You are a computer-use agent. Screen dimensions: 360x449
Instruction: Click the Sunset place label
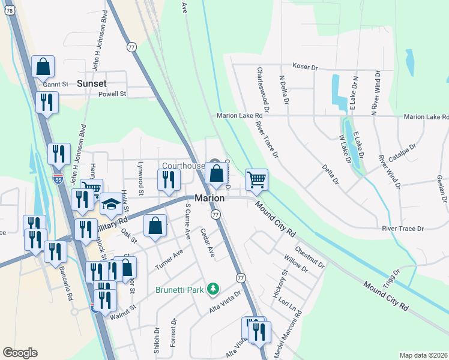coord(91,84)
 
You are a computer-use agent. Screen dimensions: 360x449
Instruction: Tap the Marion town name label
coord(209,199)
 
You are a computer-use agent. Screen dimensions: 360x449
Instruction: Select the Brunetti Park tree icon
coord(212,290)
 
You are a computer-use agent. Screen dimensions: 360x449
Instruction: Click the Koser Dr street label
coord(304,66)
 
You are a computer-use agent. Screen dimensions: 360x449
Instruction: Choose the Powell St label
coord(112,94)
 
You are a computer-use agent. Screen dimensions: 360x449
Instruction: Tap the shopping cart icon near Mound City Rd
coord(256,179)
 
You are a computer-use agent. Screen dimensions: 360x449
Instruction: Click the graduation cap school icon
coord(110,204)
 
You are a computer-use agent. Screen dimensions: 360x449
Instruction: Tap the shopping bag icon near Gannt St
coord(43,67)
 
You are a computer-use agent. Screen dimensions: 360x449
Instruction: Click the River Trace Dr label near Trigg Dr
coord(403,229)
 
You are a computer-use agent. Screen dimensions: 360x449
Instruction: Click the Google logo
coord(20,353)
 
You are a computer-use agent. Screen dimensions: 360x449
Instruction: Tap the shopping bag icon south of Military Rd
coord(155,226)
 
